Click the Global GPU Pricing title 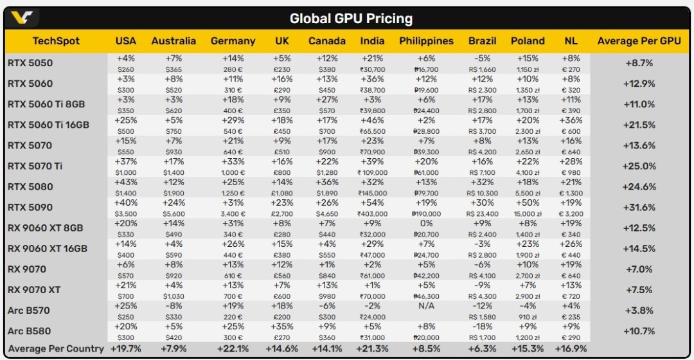(x=351, y=18)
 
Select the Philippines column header (x=426, y=41)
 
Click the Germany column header (x=233, y=41)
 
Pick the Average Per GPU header (x=639, y=41)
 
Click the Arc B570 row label (x=28, y=310)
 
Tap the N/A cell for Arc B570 (x=426, y=306)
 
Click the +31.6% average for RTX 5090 (x=639, y=208)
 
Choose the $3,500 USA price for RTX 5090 (x=126, y=213)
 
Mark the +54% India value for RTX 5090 (x=372, y=203)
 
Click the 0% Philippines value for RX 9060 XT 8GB (x=426, y=223)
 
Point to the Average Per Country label (x=55, y=348)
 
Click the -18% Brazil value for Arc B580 (x=482, y=326)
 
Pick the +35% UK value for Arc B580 (x=282, y=326)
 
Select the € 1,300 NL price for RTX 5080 (x=571, y=193)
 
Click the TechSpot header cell (x=56, y=41)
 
